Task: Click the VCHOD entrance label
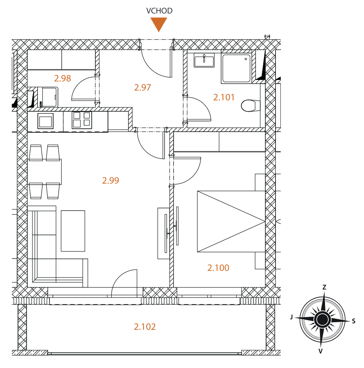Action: pos(159,11)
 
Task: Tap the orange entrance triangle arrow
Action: pos(159,24)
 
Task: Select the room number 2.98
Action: pos(63,79)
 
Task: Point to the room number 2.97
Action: pos(142,88)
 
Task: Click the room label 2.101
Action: pos(224,97)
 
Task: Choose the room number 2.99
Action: pos(110,180)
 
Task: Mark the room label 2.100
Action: pos(218,268)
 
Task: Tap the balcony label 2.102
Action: pos(145,327)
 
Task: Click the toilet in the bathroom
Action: pos(250,105)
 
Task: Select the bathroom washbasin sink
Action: pos(204,60)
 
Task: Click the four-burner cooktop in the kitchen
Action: pos(82,120)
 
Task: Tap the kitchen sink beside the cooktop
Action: pos(45,121)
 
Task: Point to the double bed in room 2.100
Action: pos(231,221)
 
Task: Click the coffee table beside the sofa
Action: pos(73,231)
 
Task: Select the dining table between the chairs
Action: pos(44,172)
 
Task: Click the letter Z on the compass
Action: pos(324,287)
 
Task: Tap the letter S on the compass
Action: pos(354,321)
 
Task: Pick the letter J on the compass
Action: pos(292,317)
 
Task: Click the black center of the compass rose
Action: pos(323,320)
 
